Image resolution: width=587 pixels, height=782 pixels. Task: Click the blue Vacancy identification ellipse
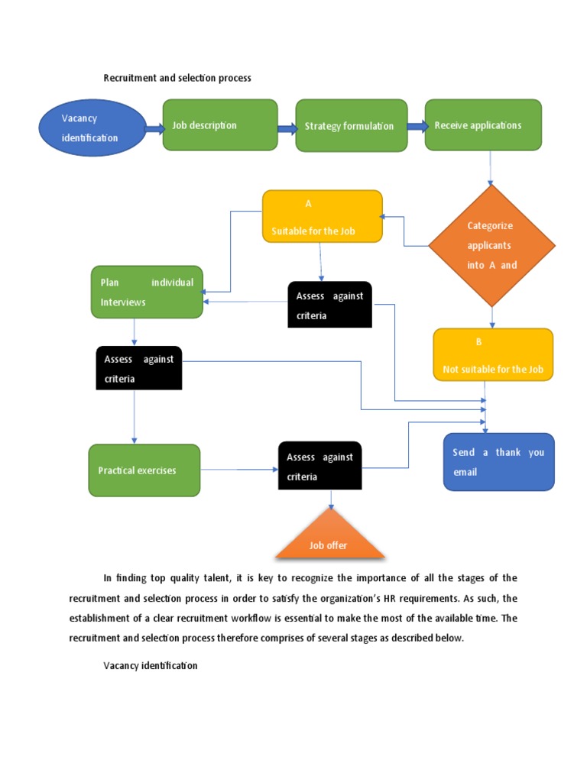[x=92, y=128]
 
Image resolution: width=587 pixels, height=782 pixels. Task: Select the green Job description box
[x=219, y=125]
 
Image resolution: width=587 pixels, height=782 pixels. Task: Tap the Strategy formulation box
[x=352, y=125]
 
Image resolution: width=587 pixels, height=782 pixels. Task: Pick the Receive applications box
[x=483, y=124]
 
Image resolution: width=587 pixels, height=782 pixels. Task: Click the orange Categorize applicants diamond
[x=491, y=245]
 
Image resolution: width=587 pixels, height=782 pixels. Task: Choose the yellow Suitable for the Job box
[x=322, y=217]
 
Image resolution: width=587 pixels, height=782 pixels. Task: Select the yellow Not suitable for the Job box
[x=493, y=355]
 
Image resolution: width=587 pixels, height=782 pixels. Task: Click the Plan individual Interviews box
[x=147, y=292]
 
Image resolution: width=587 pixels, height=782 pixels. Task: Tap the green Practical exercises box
[x=144, y=470]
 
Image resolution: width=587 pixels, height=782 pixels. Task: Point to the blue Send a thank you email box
[x=498, y=462]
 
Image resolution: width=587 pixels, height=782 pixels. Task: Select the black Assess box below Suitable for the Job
[x=329, y=305]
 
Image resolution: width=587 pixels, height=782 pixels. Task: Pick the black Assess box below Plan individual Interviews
[x=138, y=368]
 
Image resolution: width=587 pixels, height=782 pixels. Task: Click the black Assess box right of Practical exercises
[x=319, y=467]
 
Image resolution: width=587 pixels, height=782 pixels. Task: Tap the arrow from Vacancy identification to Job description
[x=154, y=128]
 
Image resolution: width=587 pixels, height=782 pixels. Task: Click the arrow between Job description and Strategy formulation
[x=287, y=128]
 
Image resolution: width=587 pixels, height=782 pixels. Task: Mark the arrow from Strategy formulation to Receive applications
[x=417, y=127]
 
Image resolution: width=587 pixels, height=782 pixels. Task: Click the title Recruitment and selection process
[x=177, y=78]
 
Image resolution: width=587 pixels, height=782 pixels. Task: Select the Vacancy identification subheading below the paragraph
[x=151, y=666]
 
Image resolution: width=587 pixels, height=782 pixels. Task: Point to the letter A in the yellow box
[x=309, y=204]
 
